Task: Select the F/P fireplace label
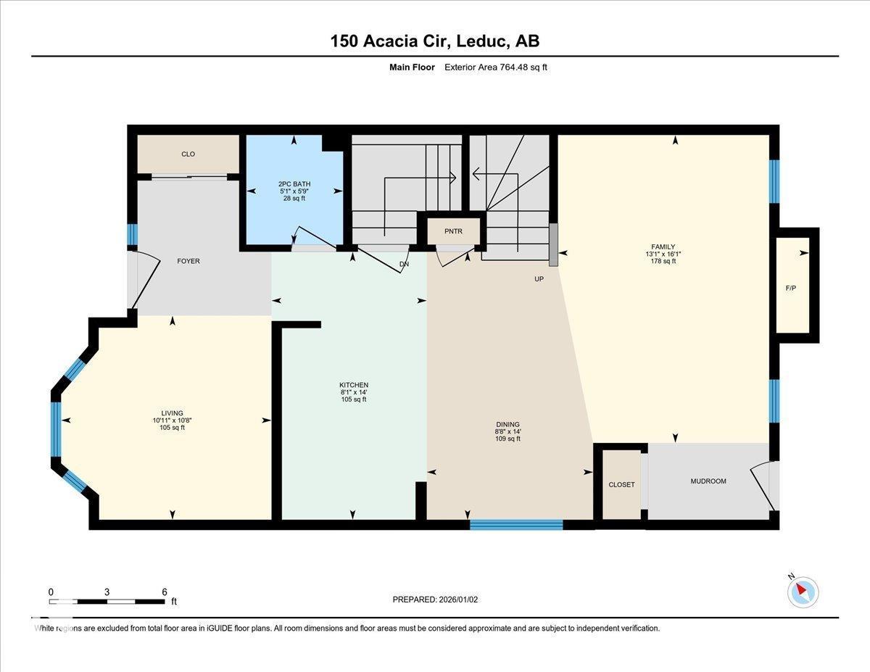point(790,289)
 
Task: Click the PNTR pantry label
point(454,231)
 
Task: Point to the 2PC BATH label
point(294,184)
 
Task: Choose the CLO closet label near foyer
point(188,154)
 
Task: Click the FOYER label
point(188,261)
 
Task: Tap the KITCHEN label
point(354,385)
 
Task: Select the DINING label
point(507,425)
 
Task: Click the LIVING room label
point(172,413)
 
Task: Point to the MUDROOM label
point(708,481)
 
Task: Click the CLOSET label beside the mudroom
point(621,484)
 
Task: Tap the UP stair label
point(539,278)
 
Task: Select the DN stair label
point(404,265)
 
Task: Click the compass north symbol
point(802,591)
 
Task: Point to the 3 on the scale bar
point(107,592)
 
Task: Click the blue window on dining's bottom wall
point(516,525)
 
